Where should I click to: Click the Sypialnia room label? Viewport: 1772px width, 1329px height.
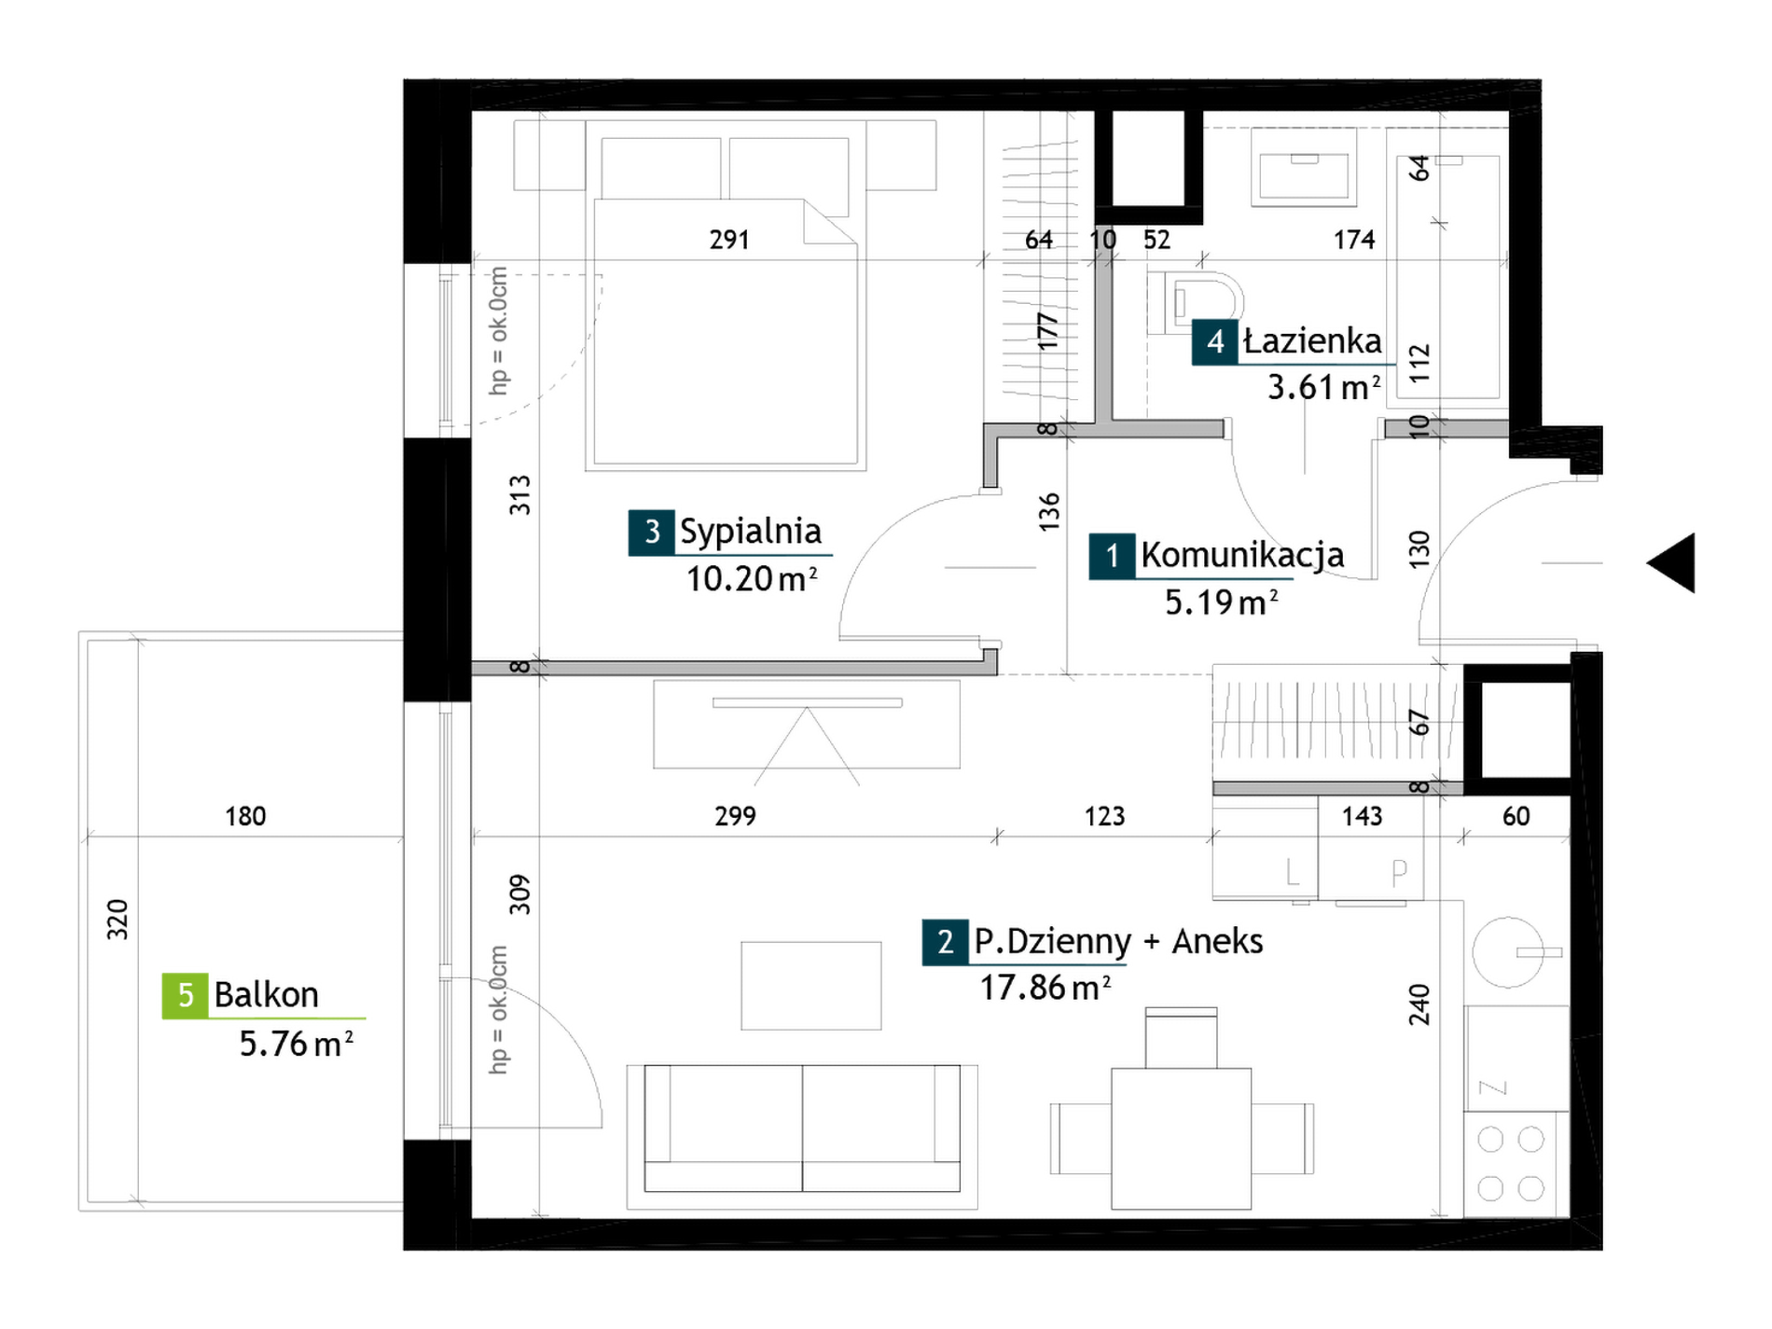750,532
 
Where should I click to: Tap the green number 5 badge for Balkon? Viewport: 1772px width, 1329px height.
185,995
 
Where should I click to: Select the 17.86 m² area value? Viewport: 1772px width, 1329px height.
1045,988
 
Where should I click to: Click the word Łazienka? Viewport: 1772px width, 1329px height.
1312,341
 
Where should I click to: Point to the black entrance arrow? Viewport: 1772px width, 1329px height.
1671,562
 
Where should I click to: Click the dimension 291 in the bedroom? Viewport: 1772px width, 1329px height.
729,241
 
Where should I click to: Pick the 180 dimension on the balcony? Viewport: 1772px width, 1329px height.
245,817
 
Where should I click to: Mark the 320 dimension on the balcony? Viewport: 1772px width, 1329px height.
118,920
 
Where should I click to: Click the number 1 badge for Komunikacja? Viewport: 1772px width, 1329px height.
1112,557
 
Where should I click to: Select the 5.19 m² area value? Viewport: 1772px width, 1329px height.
1221,602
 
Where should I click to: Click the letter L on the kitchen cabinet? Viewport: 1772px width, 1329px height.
1292,873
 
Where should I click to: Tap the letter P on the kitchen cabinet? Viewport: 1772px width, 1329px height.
1399,873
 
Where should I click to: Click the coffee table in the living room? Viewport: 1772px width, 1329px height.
811,986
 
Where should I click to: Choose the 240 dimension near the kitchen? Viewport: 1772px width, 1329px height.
1419,1004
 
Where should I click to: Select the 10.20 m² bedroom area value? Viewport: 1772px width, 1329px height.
752,579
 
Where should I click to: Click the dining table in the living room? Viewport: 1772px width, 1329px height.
1182,1139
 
